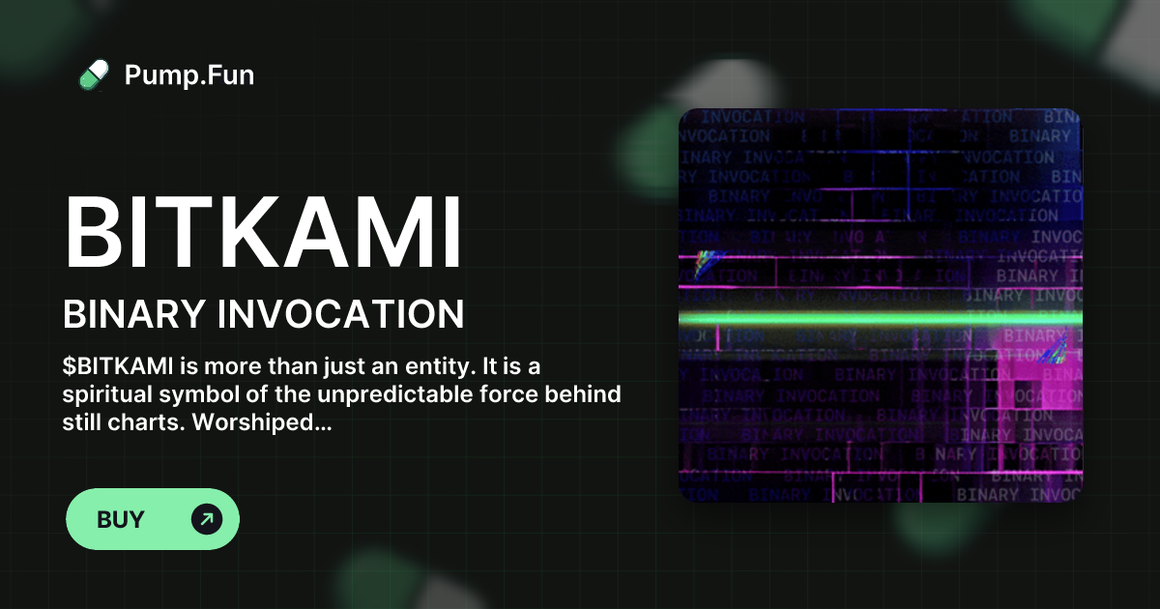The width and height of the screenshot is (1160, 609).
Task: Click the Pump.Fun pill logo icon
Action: click(x=94, y=74)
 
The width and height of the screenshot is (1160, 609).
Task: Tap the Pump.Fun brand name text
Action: click(x=189, y=74)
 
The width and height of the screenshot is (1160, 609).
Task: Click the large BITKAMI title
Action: click(x=263, y=233)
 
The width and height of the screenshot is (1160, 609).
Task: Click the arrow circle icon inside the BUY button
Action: click(x=207, y=519)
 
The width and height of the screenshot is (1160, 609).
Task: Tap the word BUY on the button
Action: click(x=121, y=519)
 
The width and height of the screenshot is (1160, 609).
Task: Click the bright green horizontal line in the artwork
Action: click(x=880, y=317)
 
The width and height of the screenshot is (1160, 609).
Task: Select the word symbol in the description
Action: click(x=194, y=395)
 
